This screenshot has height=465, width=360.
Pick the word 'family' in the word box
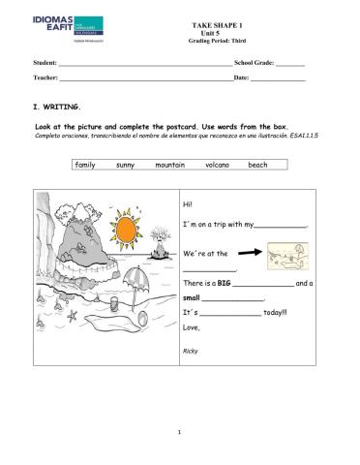(x=85, y=165)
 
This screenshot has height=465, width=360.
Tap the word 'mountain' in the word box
(x=169, y=165)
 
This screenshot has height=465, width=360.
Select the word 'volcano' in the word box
(x=217, y=165)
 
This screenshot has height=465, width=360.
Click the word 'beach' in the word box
(x=257, y=165)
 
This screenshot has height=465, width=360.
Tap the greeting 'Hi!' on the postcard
(x=187, y=202)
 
